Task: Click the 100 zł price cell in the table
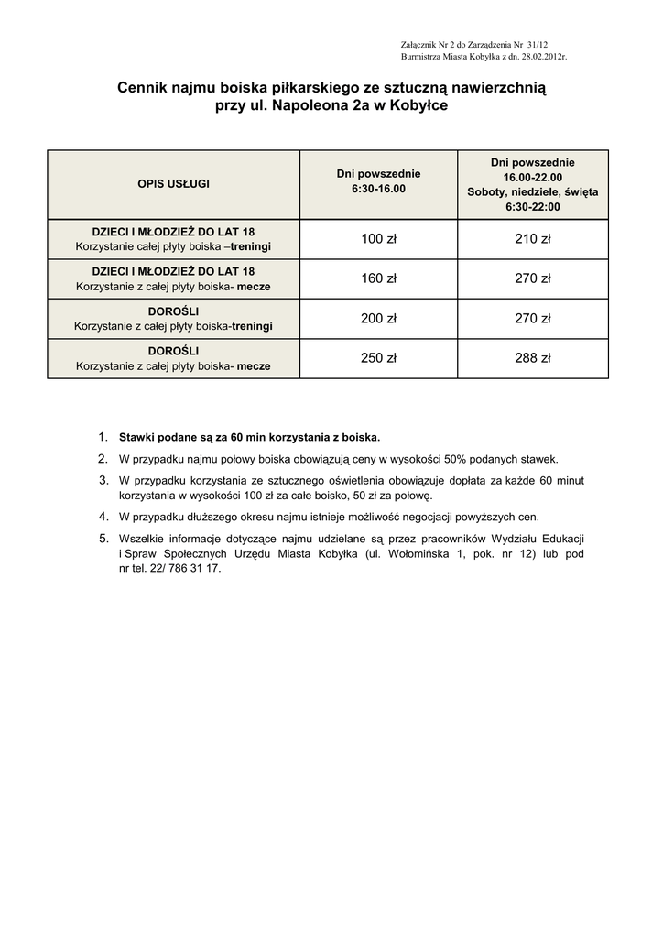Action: pyautogui.click(x=378, y=239)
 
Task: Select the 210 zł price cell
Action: pyautogui.click(x=532, y=239)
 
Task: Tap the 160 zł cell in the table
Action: pyautogui.click(x=378, y=278)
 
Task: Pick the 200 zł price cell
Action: pyautogui.click(x=378, y=319)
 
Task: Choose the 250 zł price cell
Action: pyautogui.click(x=378, y=358)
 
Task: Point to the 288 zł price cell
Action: pyautogui.click(x=532, y=358)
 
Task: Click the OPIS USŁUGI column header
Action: pyautogui.click(x=173, y=184)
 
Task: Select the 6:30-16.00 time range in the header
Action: pyautogui.click(x=378, y=189)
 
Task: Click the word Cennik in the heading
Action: pyautogui.click(x=144, y=88)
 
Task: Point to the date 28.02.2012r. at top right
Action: pyautogui.click(x=540, y=57)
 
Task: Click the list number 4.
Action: pyautogui.click(x=103, y=516)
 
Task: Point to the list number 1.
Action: pyautogui.click(x=103, y=437)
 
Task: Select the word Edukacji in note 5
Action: pyautogui.click(x=560, y=538)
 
